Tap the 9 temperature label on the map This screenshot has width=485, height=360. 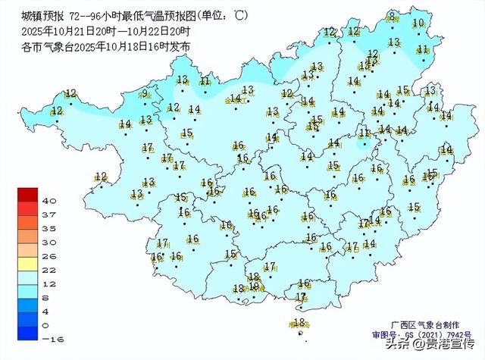coord(144,94)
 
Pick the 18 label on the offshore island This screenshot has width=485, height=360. coord(298,322)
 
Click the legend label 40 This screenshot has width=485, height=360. coord(50,201)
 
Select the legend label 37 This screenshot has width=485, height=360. coord(50,215)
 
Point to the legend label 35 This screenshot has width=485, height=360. coord(50,228)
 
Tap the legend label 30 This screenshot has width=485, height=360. coord(50,243)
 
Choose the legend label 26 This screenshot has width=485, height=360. coord(50,256)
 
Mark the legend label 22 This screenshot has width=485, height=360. coord(50,270)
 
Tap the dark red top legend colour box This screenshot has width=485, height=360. coord(28,194)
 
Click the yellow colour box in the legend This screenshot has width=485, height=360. coord(28,263)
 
